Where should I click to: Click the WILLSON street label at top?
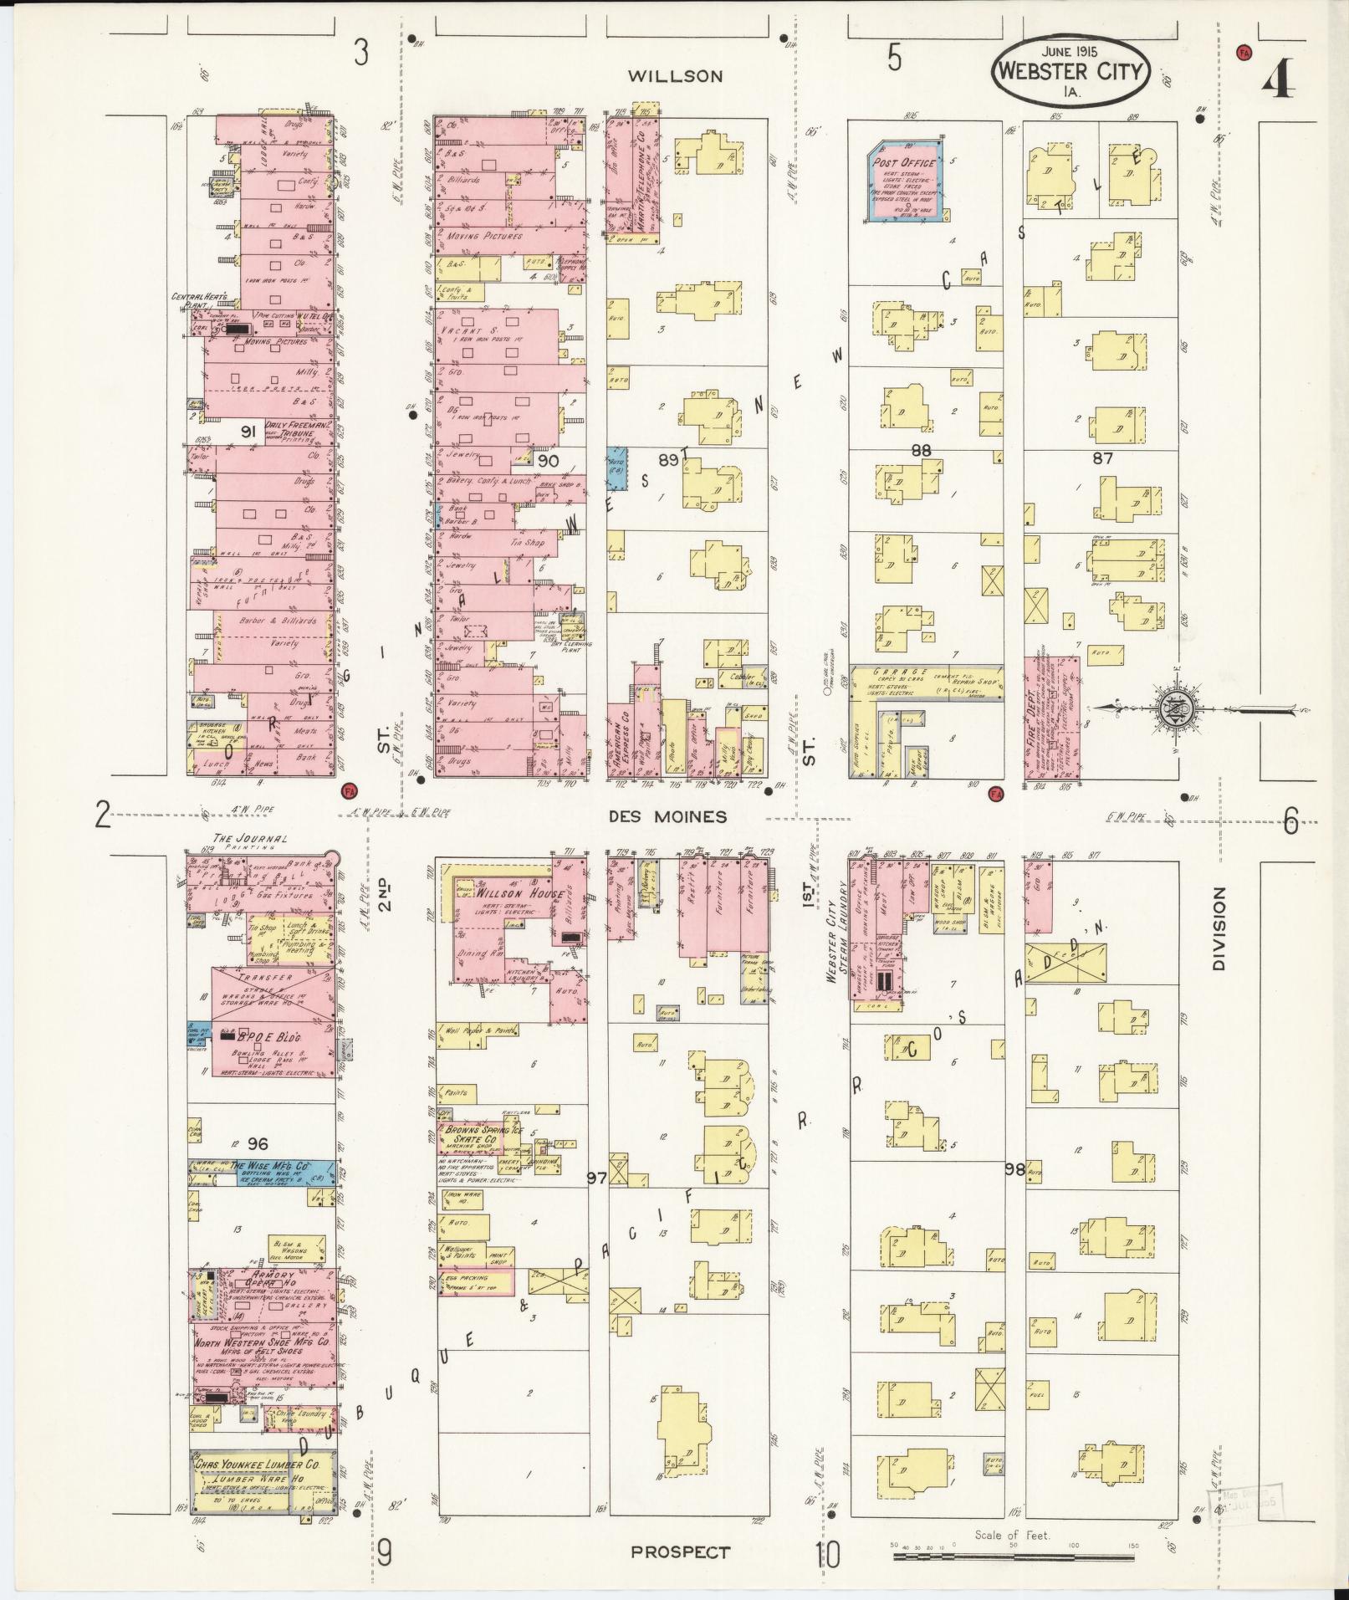point(675,76)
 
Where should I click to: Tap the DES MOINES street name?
point(667,816)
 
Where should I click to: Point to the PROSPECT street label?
point(680,1552)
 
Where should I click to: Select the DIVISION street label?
point(1219,929)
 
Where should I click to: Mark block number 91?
point(248,432)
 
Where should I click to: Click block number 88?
point(921,450)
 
